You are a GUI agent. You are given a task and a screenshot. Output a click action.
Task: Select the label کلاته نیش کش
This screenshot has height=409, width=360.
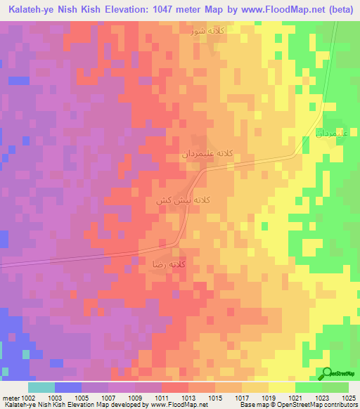(183, 200)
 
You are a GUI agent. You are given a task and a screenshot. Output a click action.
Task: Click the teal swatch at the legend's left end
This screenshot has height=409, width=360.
(41, 387)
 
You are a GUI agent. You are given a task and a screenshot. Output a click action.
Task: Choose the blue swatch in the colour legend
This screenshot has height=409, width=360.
(68, 387)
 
